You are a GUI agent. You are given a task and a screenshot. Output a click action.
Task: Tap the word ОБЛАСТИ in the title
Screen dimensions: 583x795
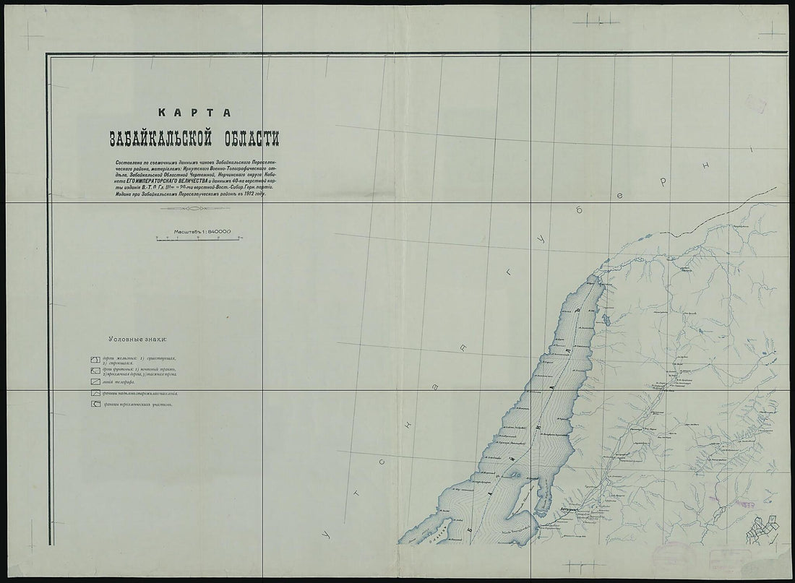(x=244, y=137)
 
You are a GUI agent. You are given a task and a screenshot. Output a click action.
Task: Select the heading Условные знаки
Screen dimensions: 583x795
(x=137, y=338)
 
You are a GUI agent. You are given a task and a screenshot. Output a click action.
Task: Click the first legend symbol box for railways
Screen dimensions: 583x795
(x=95, y=360)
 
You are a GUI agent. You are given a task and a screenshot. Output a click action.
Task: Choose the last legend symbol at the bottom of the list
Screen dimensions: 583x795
(x=95, y=405)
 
